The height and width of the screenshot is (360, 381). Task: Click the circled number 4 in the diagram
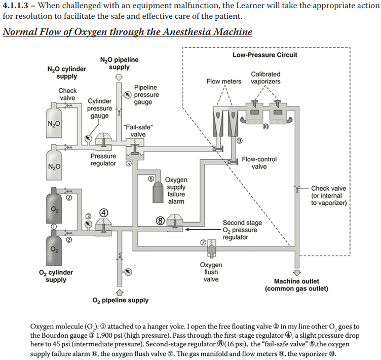104,213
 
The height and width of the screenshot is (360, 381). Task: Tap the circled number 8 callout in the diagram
160,220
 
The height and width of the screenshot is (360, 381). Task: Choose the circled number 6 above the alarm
151,178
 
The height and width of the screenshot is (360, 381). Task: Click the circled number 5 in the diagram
129,164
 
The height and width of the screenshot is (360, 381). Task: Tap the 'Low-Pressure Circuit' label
265,55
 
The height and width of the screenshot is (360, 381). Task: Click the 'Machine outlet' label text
296,281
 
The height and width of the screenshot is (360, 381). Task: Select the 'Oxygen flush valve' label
211,272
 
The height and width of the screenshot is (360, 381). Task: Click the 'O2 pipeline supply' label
121,300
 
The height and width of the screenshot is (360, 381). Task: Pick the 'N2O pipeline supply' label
119,63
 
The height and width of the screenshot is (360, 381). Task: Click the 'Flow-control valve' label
259,163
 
